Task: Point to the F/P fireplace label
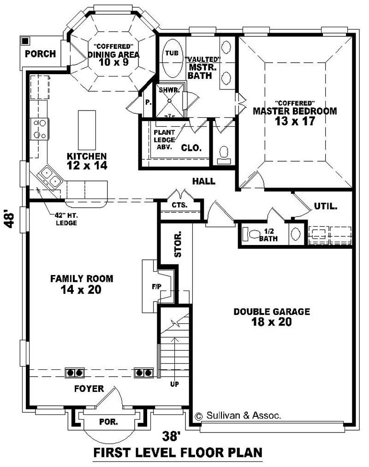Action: [x=157, y=286]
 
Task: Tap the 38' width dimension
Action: [x=172, y=435]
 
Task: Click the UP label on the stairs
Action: [x=174, y=384]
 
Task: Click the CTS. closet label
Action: [x=179, y=205]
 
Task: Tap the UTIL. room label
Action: [x=326, y=206]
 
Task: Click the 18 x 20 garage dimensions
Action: [x=271, y=322]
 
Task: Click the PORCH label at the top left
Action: [x=40, y=54]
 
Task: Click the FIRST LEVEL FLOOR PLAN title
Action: [x=178, y=452]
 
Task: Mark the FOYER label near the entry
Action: [x=89, y=389]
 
